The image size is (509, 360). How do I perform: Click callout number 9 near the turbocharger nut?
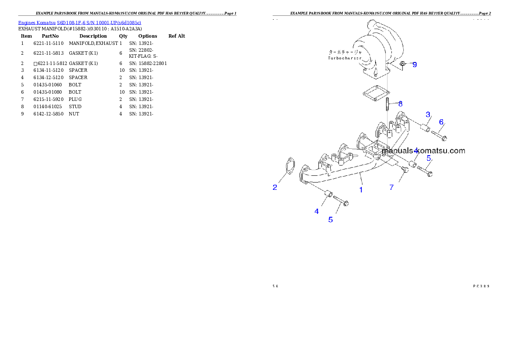coord(414,65)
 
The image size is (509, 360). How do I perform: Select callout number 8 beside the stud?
coord(400,103)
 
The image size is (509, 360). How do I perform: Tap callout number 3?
coord(427,114)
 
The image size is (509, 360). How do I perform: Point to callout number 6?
coord(441,122)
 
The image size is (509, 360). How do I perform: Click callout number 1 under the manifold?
coord(361,189)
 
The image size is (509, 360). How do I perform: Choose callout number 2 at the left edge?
coord(275,187)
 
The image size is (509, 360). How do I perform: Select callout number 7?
coord(391,187)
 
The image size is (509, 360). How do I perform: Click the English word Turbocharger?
coord(345,58)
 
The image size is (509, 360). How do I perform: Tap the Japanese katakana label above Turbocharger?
coord(344,51)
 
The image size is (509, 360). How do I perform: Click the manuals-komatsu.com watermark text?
coord(423,150)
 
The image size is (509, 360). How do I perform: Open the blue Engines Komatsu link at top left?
coord(80,22)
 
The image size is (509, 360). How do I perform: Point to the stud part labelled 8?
coord(387,104)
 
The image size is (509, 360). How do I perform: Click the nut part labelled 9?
coord(403,65)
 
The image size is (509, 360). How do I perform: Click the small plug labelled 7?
coord(405,170)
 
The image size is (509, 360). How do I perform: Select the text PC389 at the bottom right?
coord(481,286)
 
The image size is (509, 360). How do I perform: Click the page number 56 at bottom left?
coord(275,286)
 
